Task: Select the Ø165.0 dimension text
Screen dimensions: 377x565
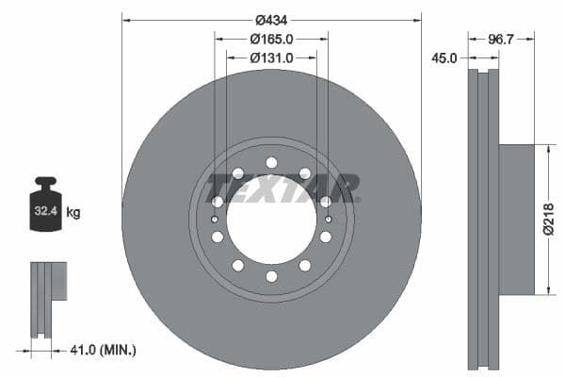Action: click(x=271, y=39)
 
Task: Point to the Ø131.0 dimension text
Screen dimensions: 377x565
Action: click(x=271, y=57)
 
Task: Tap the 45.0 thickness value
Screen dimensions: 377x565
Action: click(x=444, y=58)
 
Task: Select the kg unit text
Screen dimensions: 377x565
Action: click(x=73, y=213)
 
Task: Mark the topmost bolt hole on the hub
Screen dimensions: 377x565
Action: click(x=271, y=162)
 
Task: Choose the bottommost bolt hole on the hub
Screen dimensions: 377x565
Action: click(x=271, y=276)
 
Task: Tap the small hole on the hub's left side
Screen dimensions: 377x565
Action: click(x=216, y=220)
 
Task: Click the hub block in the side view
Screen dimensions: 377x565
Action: click(x=516, y=219)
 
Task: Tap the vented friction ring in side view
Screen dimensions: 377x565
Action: click(x=484, y=219)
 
